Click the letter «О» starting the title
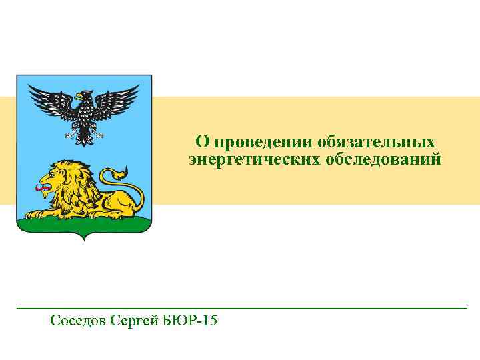click(201, 143)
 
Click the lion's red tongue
click(43, 189)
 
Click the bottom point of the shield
click(84, 239)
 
